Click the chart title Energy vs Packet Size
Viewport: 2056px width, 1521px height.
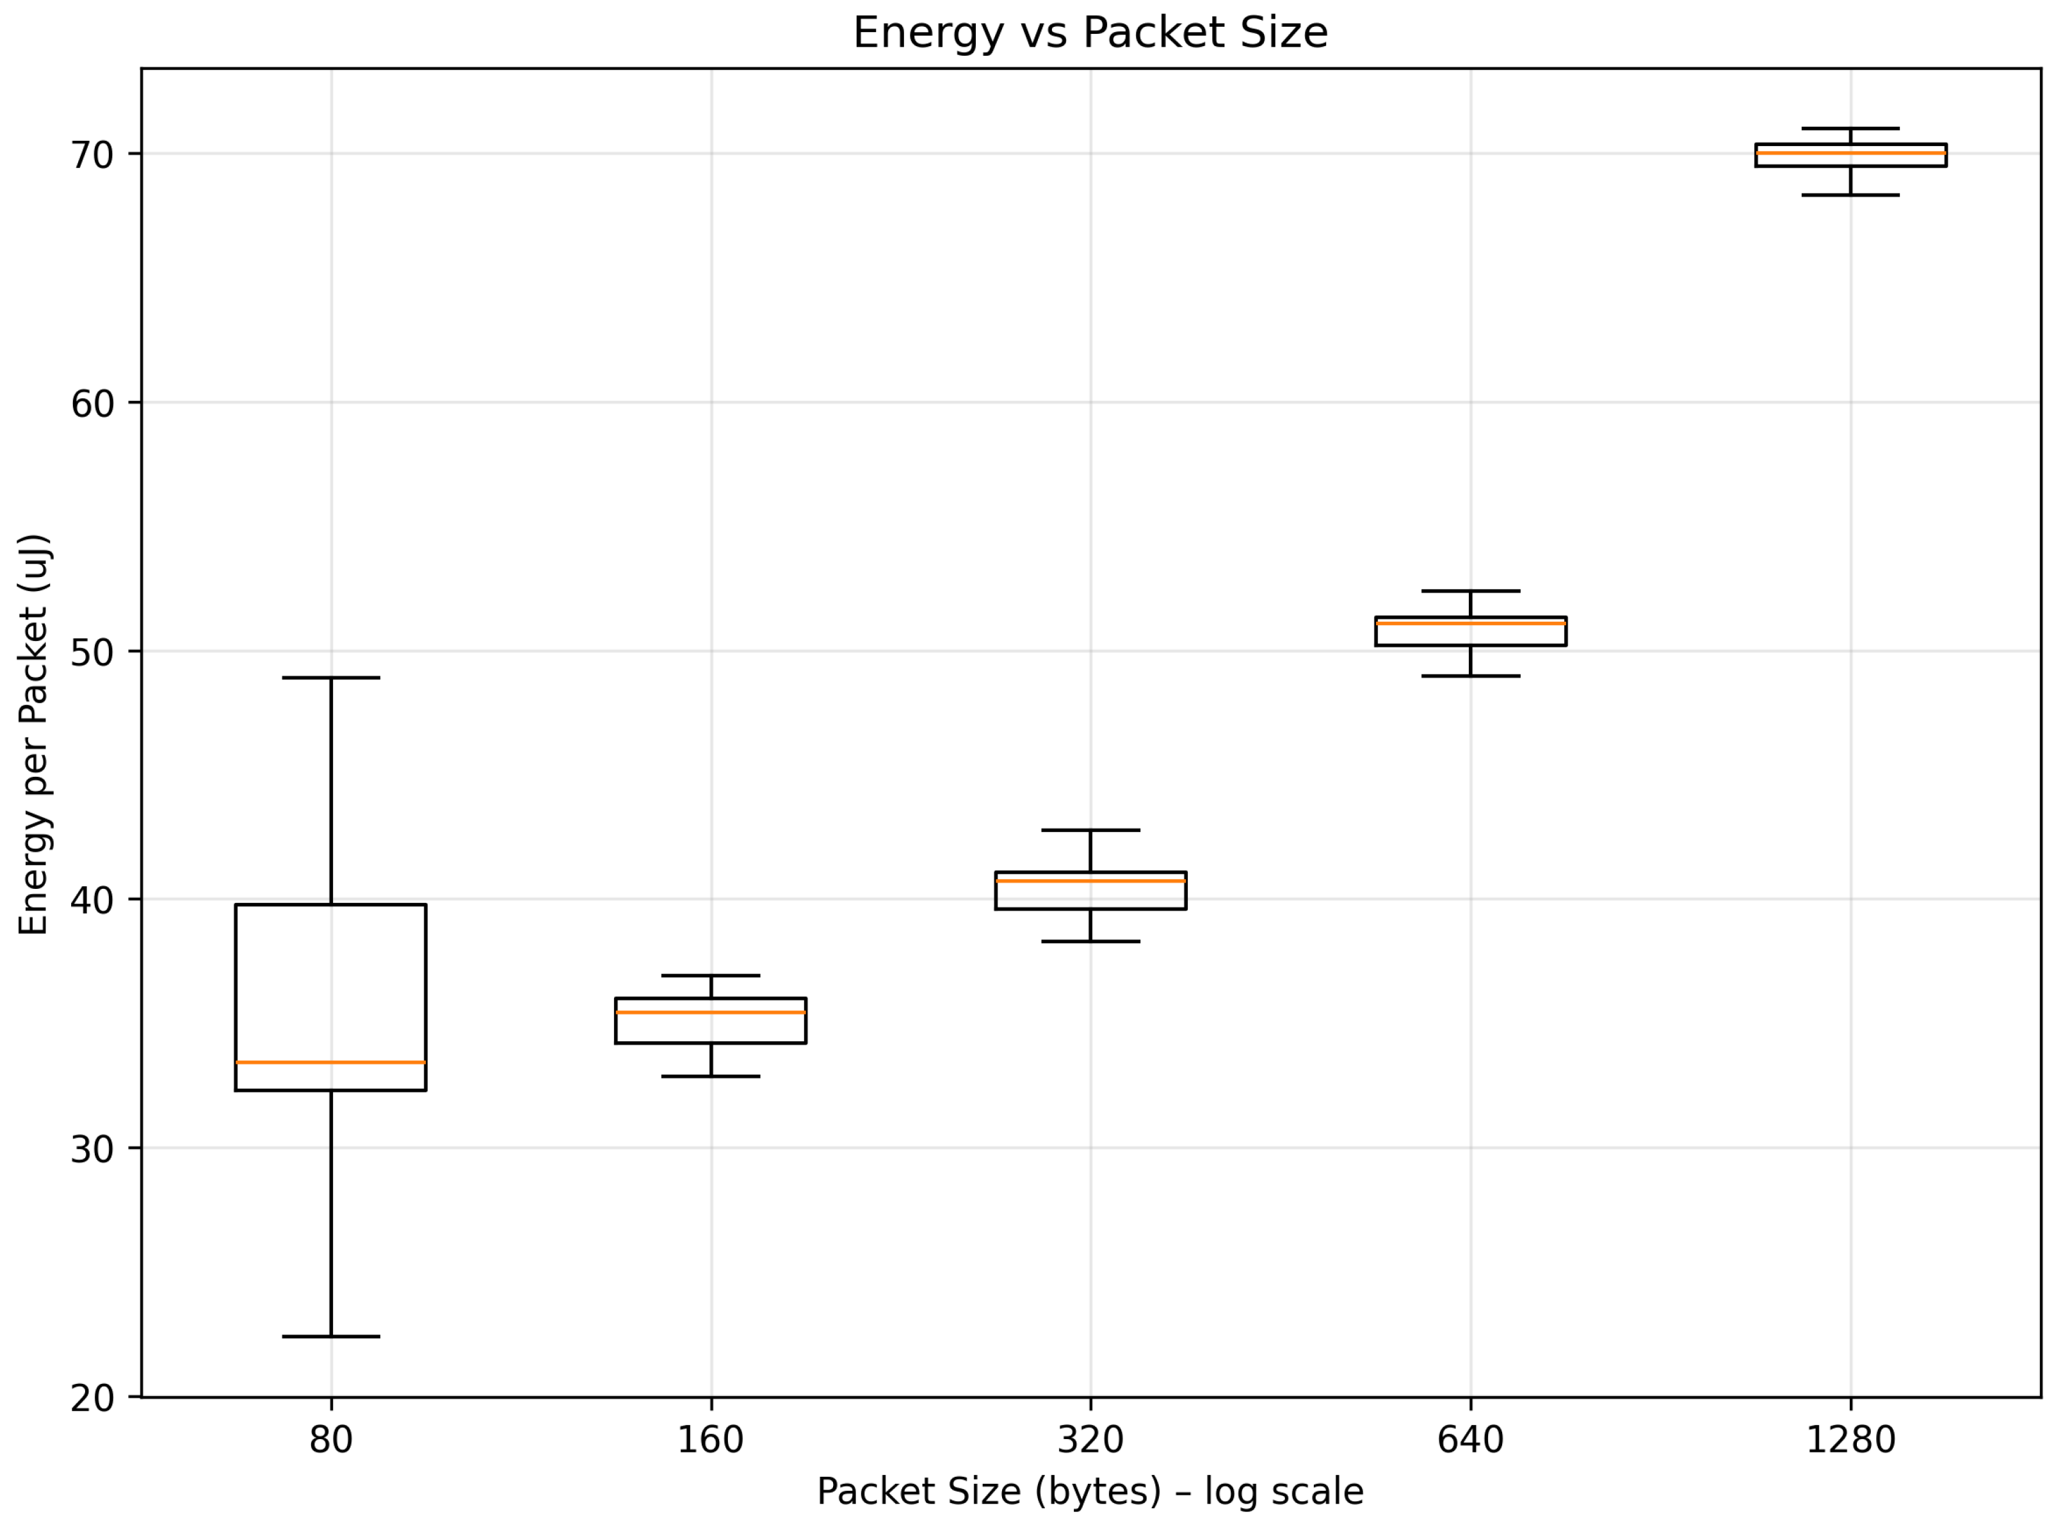coord(1090,33)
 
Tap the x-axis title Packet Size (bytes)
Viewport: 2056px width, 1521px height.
coord(1090,1491)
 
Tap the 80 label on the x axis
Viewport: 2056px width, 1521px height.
coord(330,1439)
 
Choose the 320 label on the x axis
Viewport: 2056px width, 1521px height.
coord(1090,1439)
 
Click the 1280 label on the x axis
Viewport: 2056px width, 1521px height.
coord(1850,1439)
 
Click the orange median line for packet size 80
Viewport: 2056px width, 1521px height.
coord(330,1062)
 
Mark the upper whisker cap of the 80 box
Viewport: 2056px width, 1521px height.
coord(330,678)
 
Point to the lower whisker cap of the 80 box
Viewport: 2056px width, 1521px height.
coord(330,1336)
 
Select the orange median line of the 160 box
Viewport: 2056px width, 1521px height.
coord(711,1012)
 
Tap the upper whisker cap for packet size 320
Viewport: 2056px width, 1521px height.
coord(1090,829)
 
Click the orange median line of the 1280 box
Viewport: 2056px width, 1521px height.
coord(1850,153)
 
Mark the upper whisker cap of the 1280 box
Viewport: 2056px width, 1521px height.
coord(1850,128)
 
